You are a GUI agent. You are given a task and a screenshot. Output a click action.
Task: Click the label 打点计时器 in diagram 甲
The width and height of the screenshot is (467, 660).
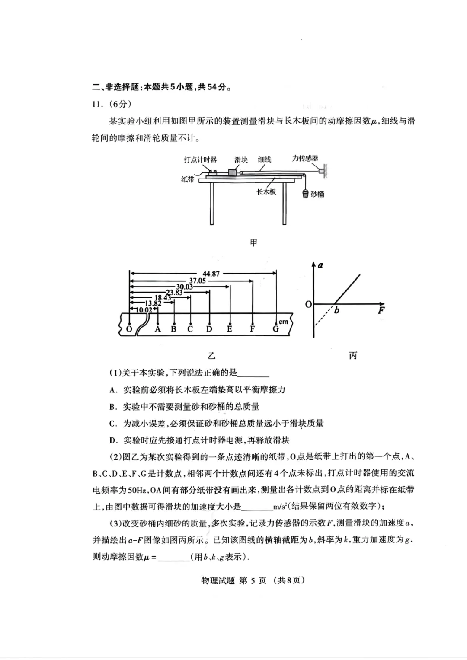click(x=200, y=159)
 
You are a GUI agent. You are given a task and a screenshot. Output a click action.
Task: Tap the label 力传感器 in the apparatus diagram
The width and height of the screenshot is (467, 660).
click(x=305, y=158)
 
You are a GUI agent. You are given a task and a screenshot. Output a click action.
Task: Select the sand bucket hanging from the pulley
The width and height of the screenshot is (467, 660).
click(x=305, y=193)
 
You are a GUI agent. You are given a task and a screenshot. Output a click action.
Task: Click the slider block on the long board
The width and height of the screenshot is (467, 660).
click(x=233, y=172)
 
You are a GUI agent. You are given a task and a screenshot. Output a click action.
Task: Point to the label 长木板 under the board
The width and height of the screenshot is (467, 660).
click(x=266, y=191)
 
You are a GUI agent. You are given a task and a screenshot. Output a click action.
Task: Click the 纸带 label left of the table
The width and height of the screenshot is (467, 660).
click(x=188, y=179)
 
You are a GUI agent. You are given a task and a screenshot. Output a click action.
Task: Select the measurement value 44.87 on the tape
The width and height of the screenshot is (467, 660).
click(x=211, y=274)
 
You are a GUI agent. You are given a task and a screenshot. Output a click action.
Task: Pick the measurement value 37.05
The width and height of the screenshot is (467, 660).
click(x=197, y=281)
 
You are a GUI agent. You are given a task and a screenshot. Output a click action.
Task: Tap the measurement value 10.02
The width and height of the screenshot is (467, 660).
click(x=144, y=309)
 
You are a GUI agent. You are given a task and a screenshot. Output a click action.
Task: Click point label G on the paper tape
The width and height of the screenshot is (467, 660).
click(x=275, y=329)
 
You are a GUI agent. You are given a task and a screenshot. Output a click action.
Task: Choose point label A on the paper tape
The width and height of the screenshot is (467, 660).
click(x=158, y=329)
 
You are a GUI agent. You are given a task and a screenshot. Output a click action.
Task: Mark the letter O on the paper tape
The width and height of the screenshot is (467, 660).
click(x=129, y=329)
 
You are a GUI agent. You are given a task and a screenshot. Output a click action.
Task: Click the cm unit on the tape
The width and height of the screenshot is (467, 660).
click(x=284, y=322)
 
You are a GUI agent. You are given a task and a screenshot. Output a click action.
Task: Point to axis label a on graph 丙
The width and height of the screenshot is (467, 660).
click(x=320, y=265)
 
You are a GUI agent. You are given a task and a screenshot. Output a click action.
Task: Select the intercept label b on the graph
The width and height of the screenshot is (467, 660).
click(x=336, y=310)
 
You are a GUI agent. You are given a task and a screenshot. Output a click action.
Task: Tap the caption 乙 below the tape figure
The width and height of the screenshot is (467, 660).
click(x=211, y=356)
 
